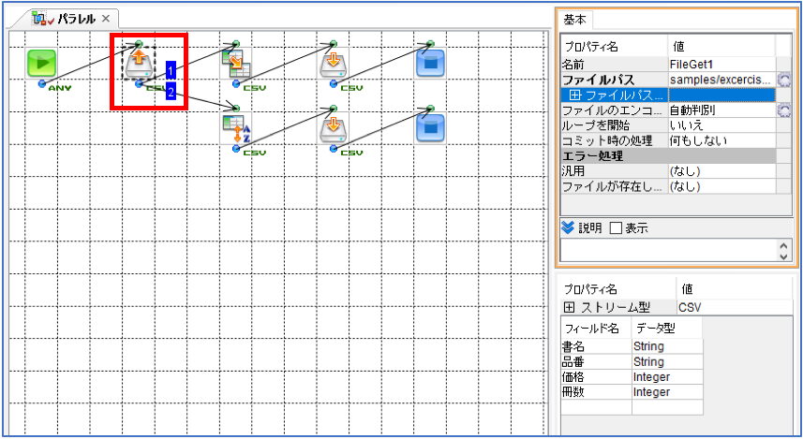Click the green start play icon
[x=41, y=64]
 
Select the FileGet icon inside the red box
[x=139, y=64]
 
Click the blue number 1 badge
[x=171, y=70]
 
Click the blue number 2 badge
[x=171, y=91]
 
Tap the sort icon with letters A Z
[x=236, y=128]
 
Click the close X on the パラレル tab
[x=106, y=19]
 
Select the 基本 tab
[x=574, y=20]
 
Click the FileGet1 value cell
[x=721, y=65]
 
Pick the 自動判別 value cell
[x=721, y=110]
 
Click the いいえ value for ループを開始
[x=721, y=125]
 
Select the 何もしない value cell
[x=721, y=140]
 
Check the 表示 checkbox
[x=617, y=228]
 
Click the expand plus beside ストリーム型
[x=569, y=308]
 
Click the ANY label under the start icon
[x=60, y=88]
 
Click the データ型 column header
[x=656, y=328]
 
